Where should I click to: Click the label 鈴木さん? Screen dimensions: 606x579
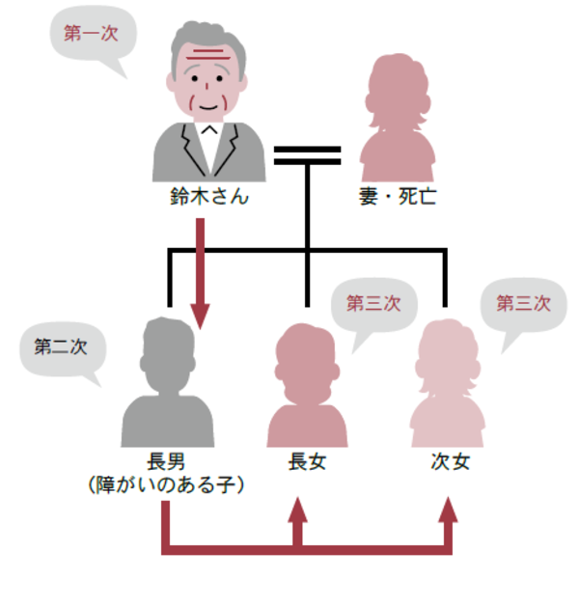point(208,200)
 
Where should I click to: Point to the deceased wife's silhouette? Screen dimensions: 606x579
point(397,121)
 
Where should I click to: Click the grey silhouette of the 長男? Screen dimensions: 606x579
point(167,386)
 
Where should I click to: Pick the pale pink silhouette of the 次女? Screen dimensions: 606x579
point(447,386)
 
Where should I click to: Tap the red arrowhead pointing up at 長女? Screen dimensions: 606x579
point(297,510)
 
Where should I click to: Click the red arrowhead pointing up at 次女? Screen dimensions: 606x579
point(447,510)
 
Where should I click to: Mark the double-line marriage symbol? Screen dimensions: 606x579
point(307,155)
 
